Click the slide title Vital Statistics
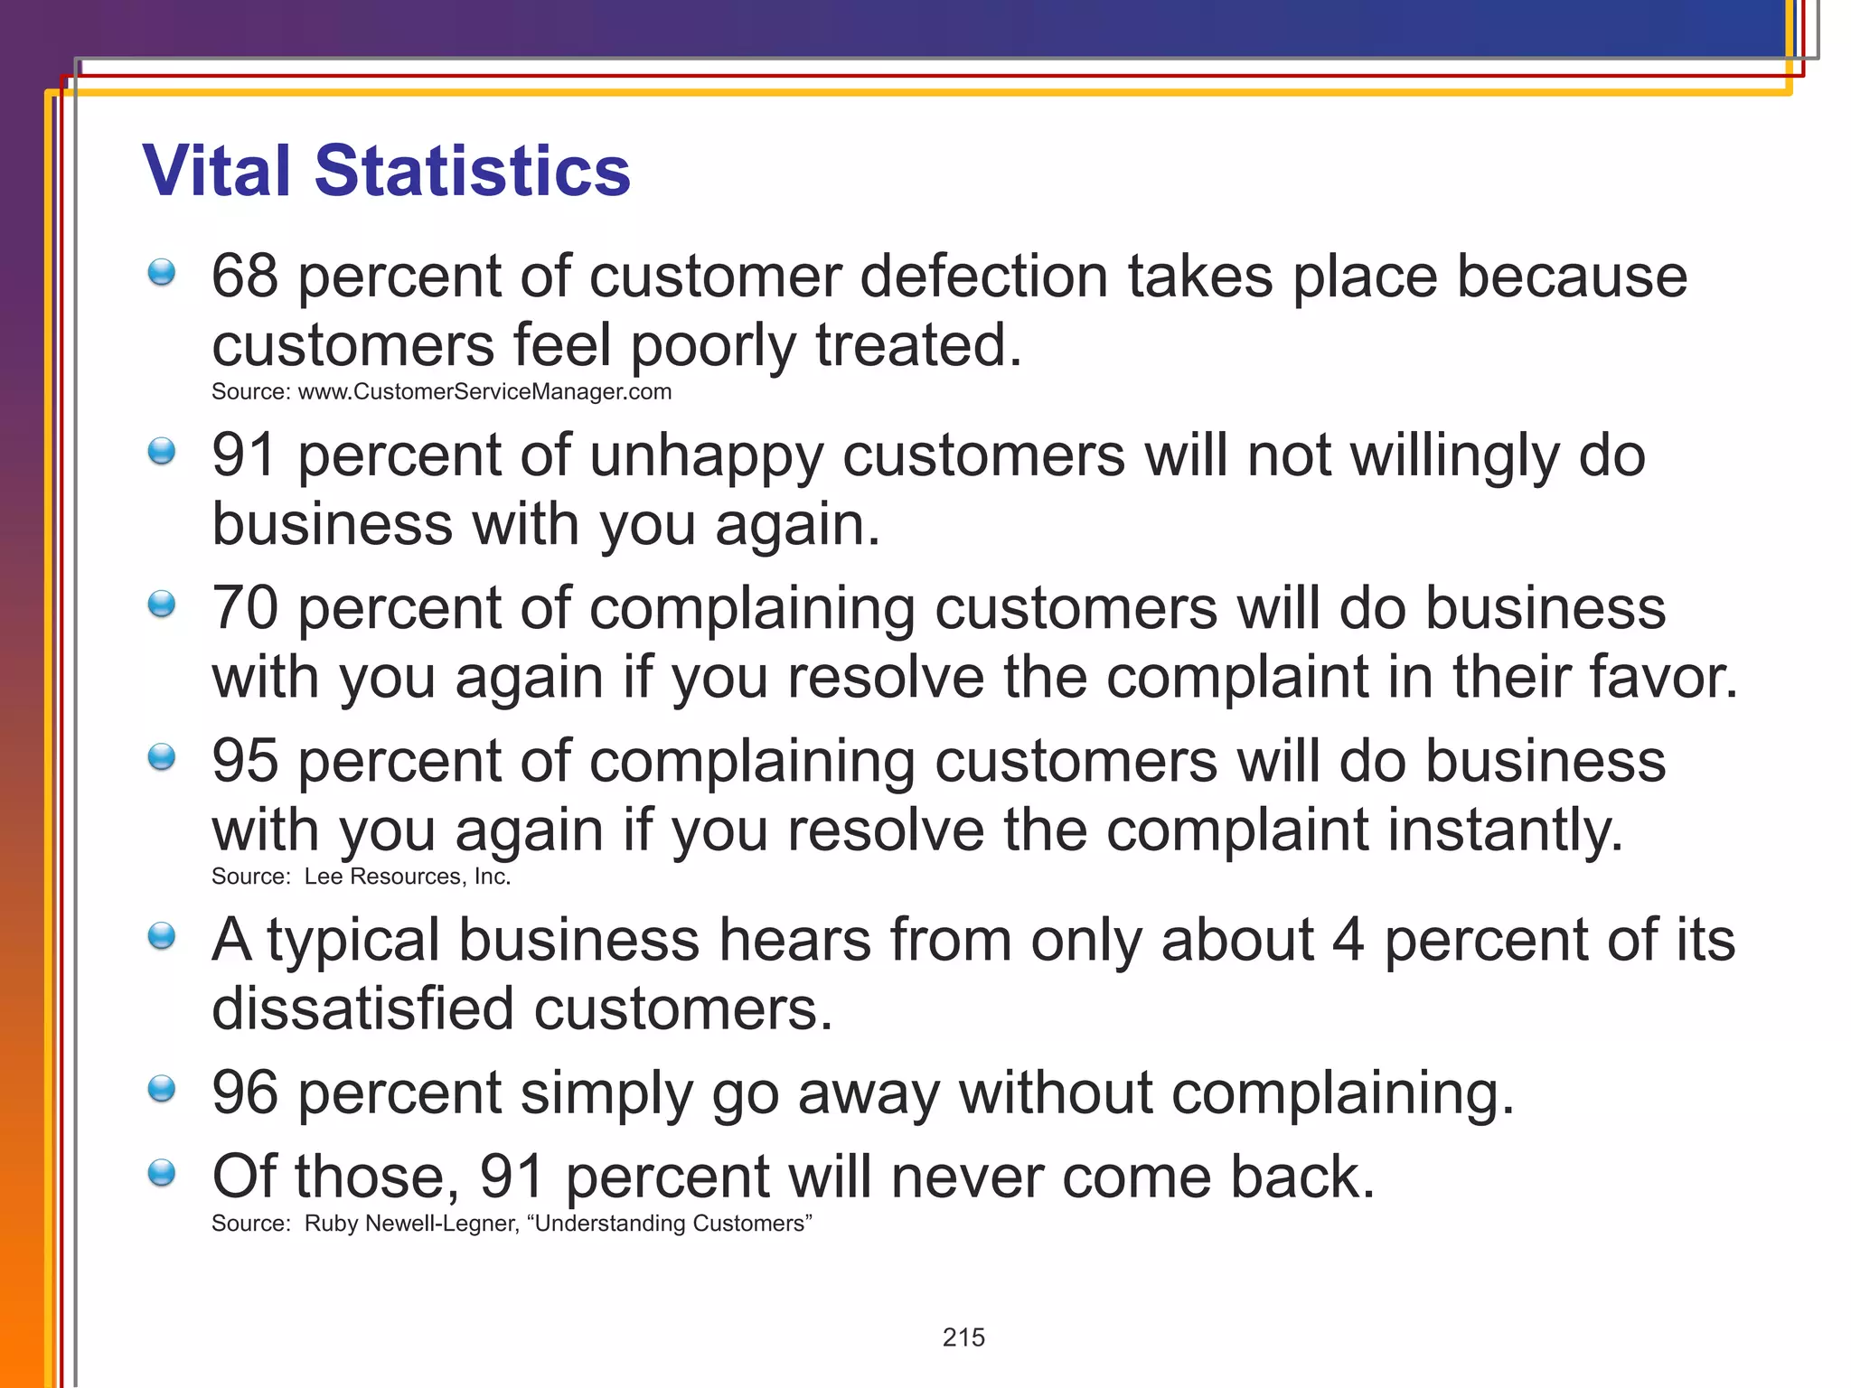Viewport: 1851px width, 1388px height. (x=386, y=171)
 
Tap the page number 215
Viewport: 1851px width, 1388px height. (x=963, y=1337)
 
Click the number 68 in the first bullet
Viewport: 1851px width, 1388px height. (x=244, y=277)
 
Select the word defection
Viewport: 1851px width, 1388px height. (x=983, y=277)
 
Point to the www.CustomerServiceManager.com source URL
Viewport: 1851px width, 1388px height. (x=484, y=392)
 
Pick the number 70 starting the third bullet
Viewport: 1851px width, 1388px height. (x=244, y=608)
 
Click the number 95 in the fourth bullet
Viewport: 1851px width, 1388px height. (x=244, y=761)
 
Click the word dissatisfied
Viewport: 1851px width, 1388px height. (x=362, y=1008)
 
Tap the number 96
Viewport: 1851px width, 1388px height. (x=244, y=1093)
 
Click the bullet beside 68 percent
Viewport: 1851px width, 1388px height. (x=162, y=272)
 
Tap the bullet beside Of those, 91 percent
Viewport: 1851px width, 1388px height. (x=162, y=1173)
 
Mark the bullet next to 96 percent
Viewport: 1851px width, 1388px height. (x=162, y=1089)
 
